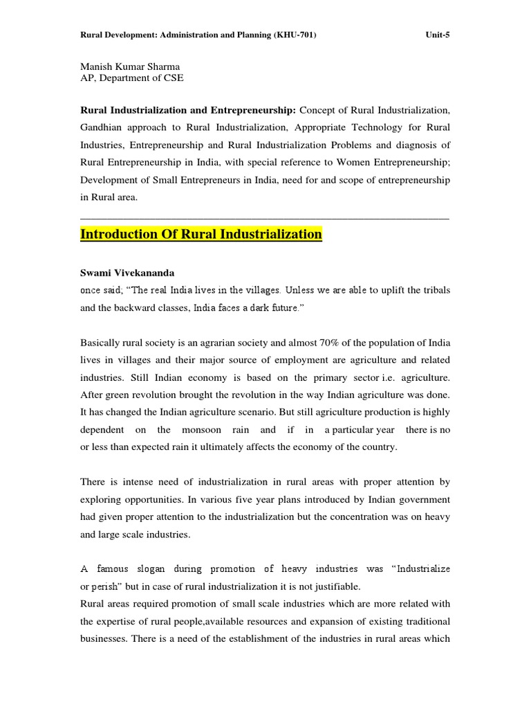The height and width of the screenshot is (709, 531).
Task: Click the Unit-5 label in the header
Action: tap(437, 36)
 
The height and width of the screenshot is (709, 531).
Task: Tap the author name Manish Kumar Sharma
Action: tap(131, 67)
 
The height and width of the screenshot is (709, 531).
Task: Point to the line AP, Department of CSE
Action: tap(132, 78)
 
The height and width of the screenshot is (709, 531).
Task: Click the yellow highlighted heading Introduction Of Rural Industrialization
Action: tap(201, 234)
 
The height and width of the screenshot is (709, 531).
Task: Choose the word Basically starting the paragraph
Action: tap(102, 343)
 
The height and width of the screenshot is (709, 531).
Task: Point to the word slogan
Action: tap(151, 568)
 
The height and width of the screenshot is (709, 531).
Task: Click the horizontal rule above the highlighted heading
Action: tap(265, 219)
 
